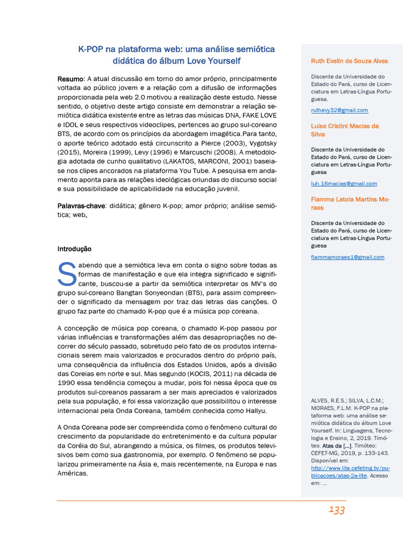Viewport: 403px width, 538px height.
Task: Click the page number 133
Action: click(x=336, y=510)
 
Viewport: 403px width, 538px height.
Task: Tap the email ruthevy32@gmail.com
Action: click(x=339, y=110)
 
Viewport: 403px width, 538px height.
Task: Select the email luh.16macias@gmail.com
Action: click(x=344, y=183)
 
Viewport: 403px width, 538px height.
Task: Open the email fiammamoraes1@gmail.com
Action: click(x=347, y=257)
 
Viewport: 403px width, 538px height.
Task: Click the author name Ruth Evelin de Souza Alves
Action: click(x=349, y=61)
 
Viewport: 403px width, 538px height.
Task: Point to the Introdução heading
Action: click(x=74, y=249)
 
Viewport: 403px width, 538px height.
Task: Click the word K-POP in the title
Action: click(x=90, y=49)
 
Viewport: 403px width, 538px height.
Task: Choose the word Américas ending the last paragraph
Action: click(x=72, y=473)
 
